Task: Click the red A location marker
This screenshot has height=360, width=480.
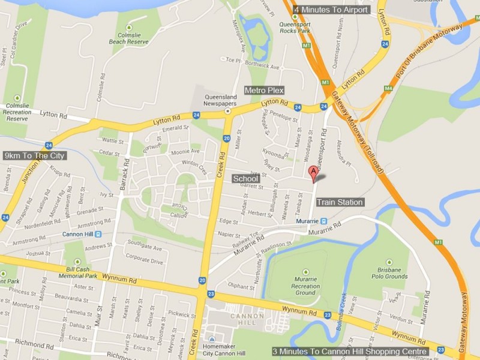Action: pyautogui.click(x=313, y=172)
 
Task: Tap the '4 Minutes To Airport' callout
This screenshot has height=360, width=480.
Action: pyautogui.click(x=331, y=10)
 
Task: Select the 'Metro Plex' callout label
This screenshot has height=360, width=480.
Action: pyautogui.click(x=264, y=90)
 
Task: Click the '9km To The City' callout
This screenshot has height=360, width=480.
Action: pyautogui.click(x=35, y=155)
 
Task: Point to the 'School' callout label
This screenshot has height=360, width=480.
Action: pyautogui.click(x=245, y=179)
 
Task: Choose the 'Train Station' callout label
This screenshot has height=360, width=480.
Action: pyautogui.click(x=339, y=203)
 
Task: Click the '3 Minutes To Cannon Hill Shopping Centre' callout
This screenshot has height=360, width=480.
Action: pyautogui.click(x=350, y=352)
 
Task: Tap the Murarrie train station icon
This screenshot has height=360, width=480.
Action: pyautogui.click(x=323, y=221)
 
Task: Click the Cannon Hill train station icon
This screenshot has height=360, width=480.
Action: pyautogui.click(x=97, y=234)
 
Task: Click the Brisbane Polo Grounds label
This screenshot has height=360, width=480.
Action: pyautogui.click(x=389, y=273)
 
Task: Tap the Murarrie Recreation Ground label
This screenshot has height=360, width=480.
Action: pyautogui.click(x=305, y=285)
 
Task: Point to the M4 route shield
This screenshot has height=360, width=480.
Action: pyautogui.click(x=388, y=88)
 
